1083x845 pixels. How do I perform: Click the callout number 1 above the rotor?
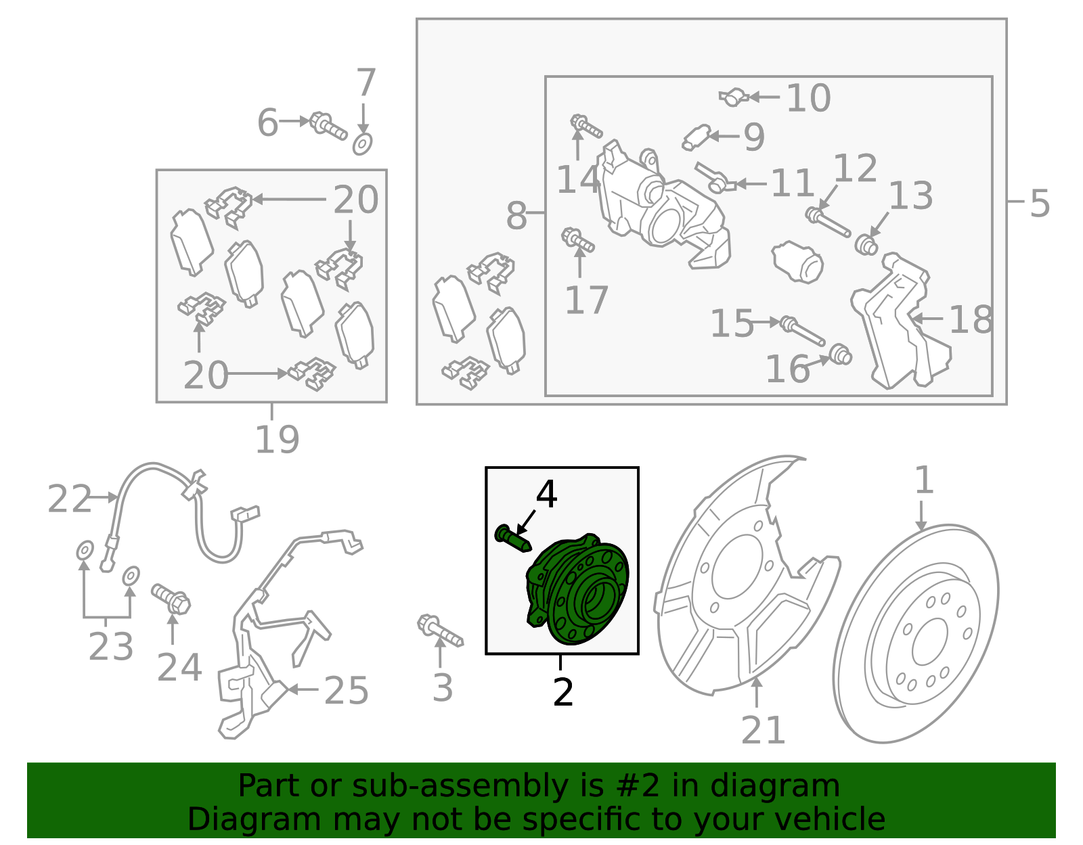pyautogui.click(x=924, y=480)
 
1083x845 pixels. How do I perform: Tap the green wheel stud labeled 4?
pyautogui.click(x=513, y=539)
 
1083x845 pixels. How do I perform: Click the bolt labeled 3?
pyautogui.click(x=440, y=631)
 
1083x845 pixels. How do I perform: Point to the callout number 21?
pyautogui.click(x=763, y=730)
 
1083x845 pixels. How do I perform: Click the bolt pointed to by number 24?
pyautogui.click(x=171, y=599)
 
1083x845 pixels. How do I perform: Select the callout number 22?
pyautogui.click(x=69, y=499)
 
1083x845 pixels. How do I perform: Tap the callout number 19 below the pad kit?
pyautogui.click(x=277, y=438)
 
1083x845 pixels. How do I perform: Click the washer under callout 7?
pyautogui.click(x=362, y=144)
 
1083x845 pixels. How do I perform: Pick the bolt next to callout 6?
pyautogui.click(x=328, y=126)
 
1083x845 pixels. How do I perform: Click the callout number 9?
pyautogui.click(x=754, y=137)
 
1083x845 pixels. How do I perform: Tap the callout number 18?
pyautogui.click(x=971, y=319)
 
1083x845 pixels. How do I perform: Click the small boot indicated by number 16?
pyautogui.click(x=840, y=355)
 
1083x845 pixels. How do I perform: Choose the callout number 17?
pyautogui.click(x=587, y=300)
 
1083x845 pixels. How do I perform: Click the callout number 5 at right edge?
pyautogui.click(x=1039, y=203)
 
